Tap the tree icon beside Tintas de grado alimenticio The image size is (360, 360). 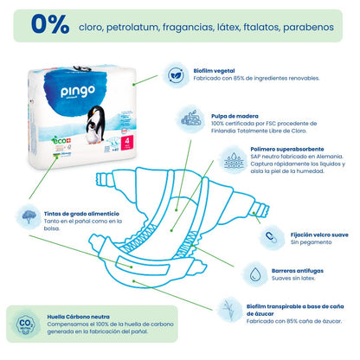pyautogui.click(x=29, y=214)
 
